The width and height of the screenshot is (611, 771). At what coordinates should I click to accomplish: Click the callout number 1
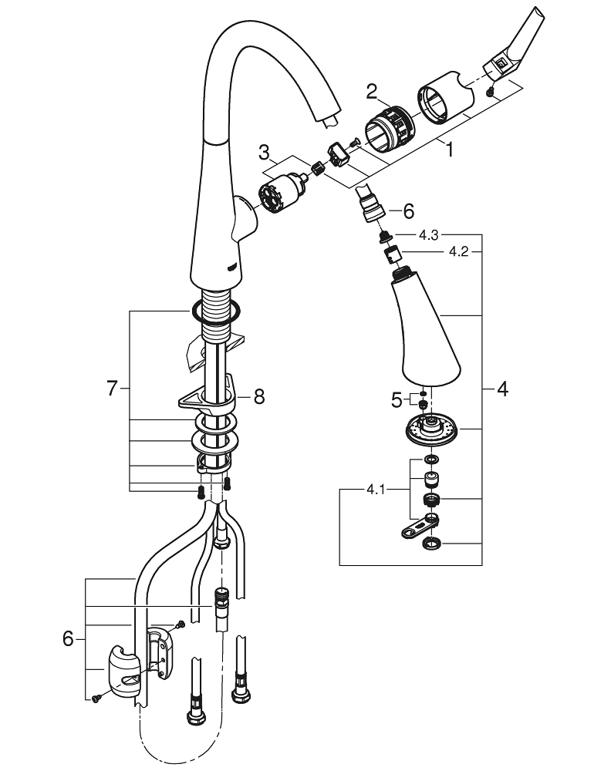click(449, 150)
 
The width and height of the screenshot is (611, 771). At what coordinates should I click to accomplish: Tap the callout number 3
click(264, 150)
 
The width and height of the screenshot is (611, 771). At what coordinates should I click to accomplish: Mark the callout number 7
click(113, 389)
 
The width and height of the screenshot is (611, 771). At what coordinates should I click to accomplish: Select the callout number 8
click(258, 396)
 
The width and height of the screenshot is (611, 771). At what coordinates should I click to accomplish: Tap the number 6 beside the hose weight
click(69, 638)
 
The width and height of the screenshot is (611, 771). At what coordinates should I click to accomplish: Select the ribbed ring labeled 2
click(388, 126)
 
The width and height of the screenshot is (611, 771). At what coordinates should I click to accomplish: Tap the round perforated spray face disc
click(430, 429)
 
